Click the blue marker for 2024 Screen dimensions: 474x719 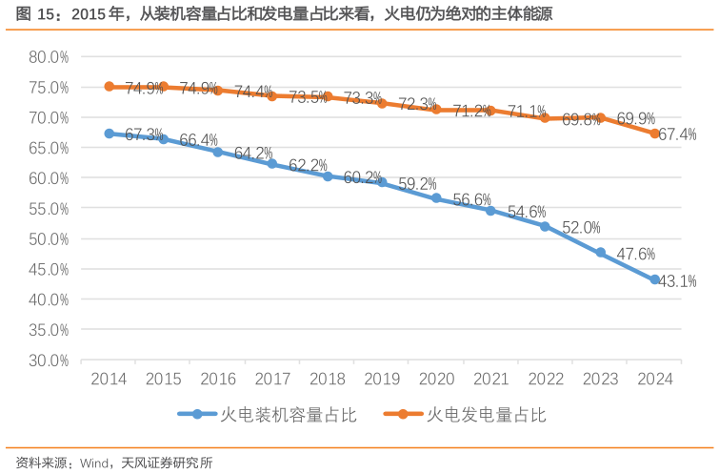coord(654,280)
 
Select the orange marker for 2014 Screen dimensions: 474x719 coord(110,87)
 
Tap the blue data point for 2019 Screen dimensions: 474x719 coord(382,181)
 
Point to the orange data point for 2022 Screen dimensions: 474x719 coord(545,118)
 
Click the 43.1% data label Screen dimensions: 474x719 coord(678,281)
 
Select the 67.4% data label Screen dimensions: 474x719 coord(677,135)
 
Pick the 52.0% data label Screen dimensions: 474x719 coord(581,227)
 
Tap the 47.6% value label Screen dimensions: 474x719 coord(635,254)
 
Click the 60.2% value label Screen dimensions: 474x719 coord(362,177)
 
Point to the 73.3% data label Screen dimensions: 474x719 coord(362,98)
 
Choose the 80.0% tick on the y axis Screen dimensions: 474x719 coord(49,56)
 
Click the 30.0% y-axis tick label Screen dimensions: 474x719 coord(49,361)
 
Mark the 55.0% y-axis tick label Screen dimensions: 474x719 coord(49,209)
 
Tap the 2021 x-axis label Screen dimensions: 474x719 coord(490,379)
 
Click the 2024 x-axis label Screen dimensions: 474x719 coord(654,379)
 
